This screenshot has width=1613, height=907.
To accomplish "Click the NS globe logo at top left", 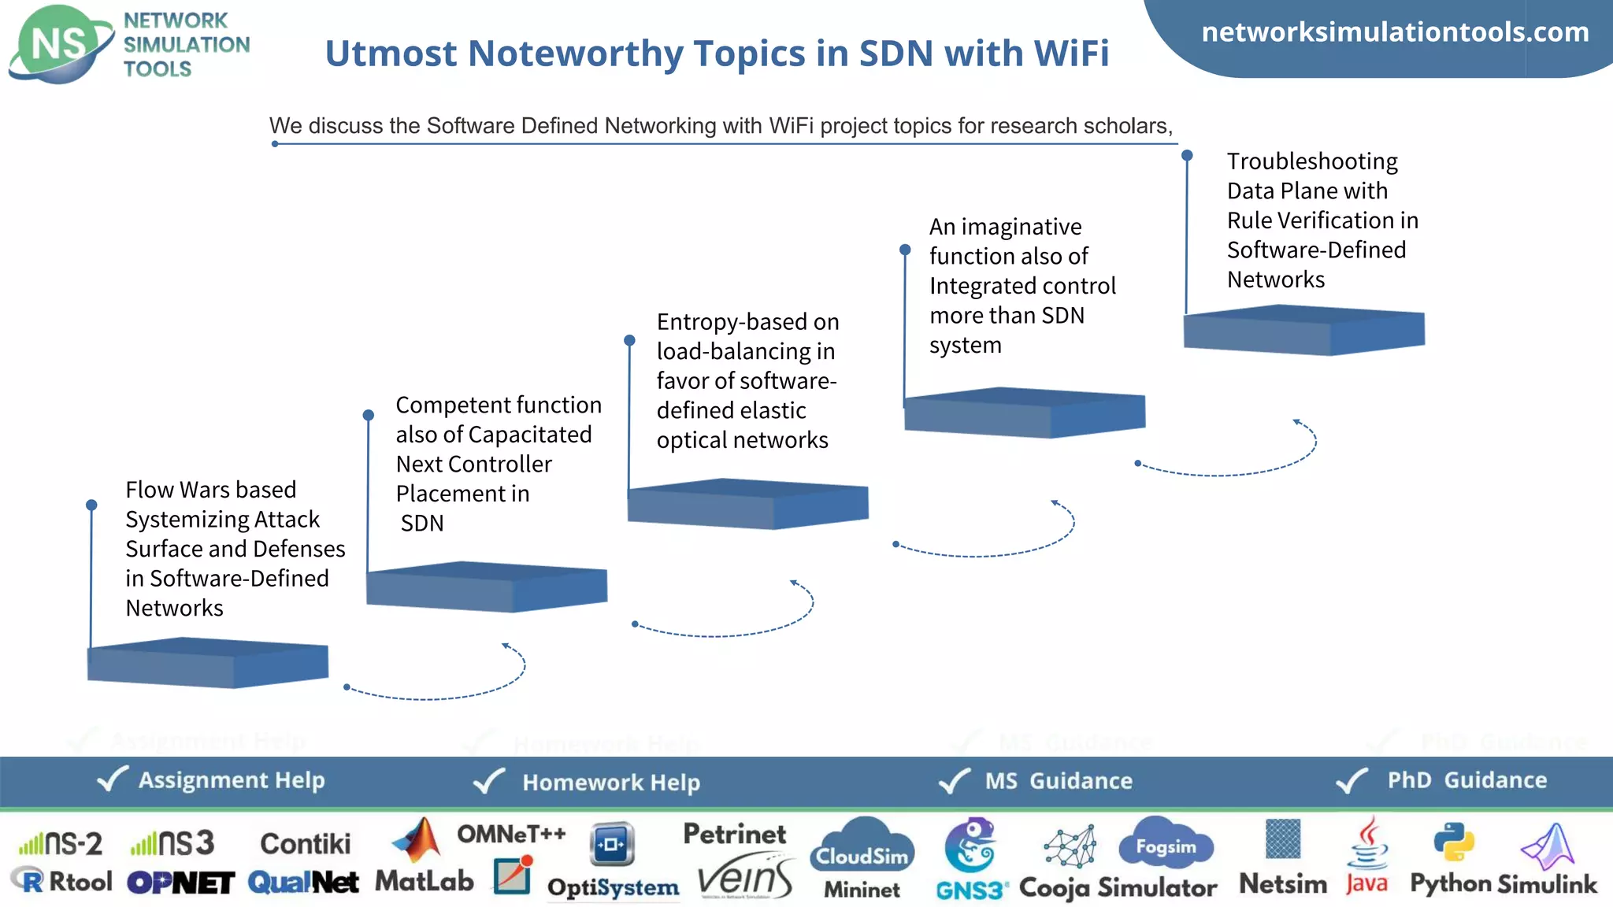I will click(x=59, y=44).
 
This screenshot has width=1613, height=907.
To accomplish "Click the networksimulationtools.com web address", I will click(x=1395, y=32).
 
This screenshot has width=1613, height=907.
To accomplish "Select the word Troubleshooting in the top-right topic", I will click(x=1312, y=161).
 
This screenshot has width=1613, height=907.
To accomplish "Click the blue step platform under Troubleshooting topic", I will click(x=1303, y=331).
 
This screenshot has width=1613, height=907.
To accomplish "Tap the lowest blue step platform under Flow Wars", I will click(x=207, y=664).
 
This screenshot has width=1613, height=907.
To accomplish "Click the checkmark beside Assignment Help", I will click(x=112, y=779).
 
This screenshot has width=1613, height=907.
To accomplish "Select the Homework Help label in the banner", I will click(x=611, y=783).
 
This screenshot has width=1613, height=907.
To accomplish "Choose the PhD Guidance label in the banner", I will click(x=1467, y=780).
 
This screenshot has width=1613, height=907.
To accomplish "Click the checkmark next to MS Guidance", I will click(x=954, y=781).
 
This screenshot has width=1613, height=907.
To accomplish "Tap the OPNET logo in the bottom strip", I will click(x=180, y=883).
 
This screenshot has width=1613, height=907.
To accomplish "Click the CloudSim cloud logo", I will click(x=862, y=847).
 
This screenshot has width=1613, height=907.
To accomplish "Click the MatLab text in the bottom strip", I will click(x=424, y=881).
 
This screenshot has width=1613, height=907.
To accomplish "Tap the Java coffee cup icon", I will click(x=1369, y=843).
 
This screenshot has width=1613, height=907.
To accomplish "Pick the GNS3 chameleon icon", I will click(x=971, y=846).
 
